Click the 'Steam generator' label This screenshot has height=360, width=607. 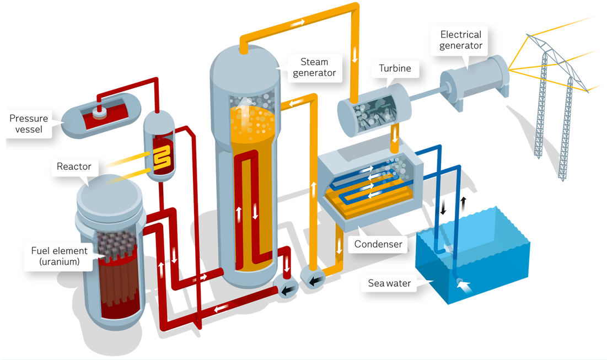[x=314, y=67]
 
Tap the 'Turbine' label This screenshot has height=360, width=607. [x=395, y=69]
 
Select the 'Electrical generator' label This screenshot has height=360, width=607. [x=460, y=41]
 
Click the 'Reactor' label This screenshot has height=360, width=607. [x=74, y=166]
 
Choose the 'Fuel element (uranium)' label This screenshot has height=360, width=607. [x=59, y=257]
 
